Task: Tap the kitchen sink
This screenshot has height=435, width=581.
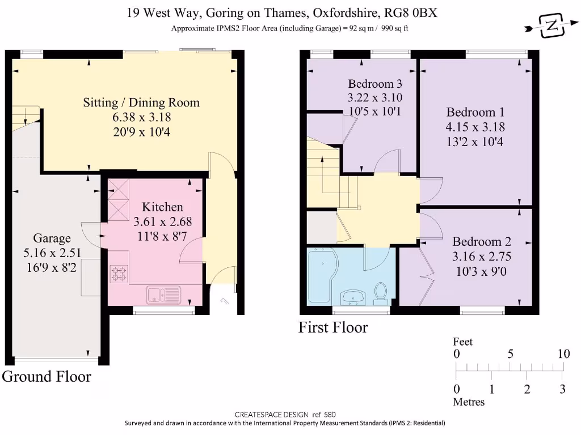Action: pos(163,294)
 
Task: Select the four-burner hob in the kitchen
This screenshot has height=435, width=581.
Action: pos(119,274)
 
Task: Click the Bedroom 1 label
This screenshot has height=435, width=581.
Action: pos(475,112)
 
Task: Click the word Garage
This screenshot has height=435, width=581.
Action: pos(52,238)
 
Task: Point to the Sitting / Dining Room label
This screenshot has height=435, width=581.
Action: pos(141,103)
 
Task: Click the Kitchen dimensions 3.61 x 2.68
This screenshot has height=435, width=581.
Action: pos(162,221)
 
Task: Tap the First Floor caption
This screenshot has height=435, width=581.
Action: pos(333,327)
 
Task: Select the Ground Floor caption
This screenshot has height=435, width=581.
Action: pos(47,376)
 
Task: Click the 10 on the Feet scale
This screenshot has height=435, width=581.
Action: pos(563,354)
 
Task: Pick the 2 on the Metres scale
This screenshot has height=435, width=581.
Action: pos(527,389)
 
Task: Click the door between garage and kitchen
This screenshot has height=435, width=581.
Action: pos(91,234)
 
